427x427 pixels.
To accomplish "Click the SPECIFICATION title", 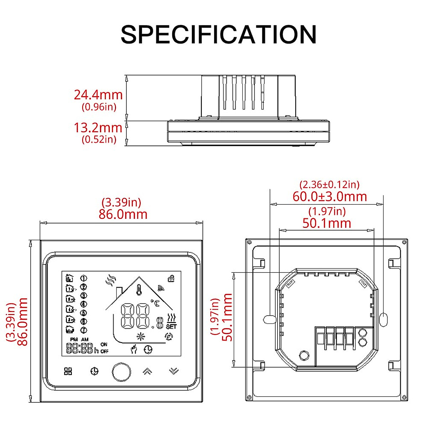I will coord(218,35).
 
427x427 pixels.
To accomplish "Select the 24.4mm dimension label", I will coord(98,95).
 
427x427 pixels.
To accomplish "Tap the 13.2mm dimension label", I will coord(98,128).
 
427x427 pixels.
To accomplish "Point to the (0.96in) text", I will coord(99,107).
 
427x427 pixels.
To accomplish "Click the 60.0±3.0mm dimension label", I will coord(330,196).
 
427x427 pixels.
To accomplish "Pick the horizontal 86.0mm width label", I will coord(123,214).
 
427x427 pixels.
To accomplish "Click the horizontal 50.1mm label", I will coord(327,223).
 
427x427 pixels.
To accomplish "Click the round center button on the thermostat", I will coord(121,371).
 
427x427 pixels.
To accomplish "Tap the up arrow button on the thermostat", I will coord(147,371).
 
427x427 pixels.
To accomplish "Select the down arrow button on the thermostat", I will coord(173,371).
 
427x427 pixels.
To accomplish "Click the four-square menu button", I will coord(68,371).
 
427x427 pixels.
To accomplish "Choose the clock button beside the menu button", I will coord(94,371).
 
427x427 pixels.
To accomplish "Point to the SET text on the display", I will coord(171,327).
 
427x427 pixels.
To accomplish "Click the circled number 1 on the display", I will coord(84,278).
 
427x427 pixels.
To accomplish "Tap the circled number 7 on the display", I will coord(84,330).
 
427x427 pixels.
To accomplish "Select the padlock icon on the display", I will coord(171,279).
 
